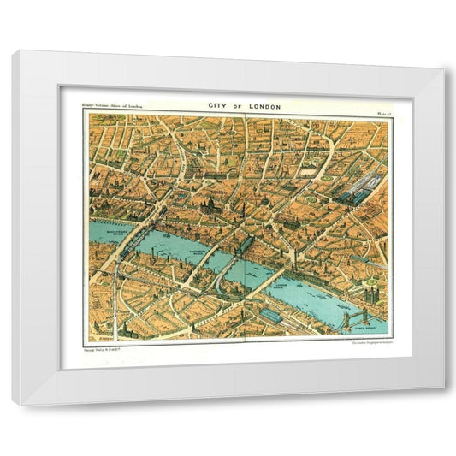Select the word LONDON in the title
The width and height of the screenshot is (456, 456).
click(263, 106)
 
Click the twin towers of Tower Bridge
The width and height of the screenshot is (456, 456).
click(352, 317)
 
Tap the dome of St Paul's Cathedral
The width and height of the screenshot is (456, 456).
click(207, 205)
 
